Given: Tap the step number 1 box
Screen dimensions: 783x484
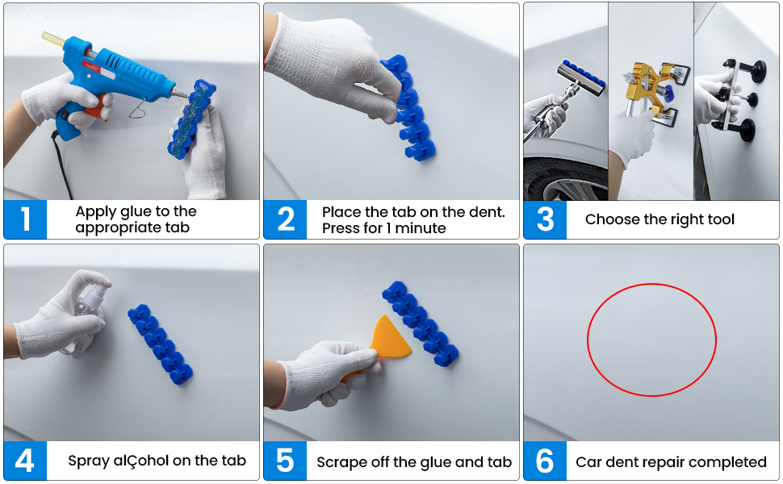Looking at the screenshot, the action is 25,219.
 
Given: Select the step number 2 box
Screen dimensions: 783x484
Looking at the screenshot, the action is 285,219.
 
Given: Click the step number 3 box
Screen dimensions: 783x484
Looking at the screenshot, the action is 545,219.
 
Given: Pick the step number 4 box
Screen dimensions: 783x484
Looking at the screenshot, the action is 25,461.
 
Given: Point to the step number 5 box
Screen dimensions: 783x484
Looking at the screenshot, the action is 285,461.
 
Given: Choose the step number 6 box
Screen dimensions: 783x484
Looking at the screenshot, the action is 545,461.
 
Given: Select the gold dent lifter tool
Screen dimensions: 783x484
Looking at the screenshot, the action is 649,90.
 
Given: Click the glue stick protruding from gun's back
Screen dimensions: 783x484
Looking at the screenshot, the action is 53,39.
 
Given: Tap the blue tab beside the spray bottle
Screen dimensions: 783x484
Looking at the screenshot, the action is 161,344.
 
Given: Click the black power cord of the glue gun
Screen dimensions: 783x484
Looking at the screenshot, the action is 62,165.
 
